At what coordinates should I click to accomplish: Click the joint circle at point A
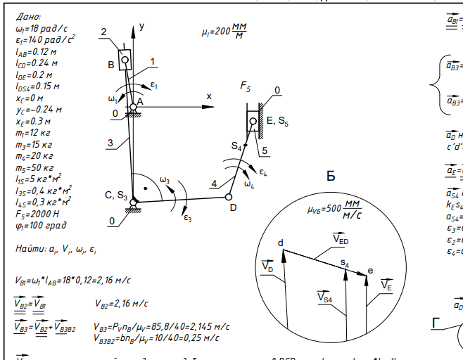pyautogui.click(x=132, y=107)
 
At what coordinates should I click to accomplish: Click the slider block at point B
pyautogui.click(x=125, y=60)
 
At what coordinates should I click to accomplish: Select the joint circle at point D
pyautogui.click(x=229, y=197)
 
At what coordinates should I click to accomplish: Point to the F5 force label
pyautogui.click(x=246, y=87)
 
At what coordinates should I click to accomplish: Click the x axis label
pyautogui.click(x=209, y=96)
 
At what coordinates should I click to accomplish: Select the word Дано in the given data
pyautogui.click(x=28, y=17)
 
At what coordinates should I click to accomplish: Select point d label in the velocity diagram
pyautogui.click(x=280, y=243)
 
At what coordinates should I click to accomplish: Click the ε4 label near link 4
pyautogui.click(x=262, y=172)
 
